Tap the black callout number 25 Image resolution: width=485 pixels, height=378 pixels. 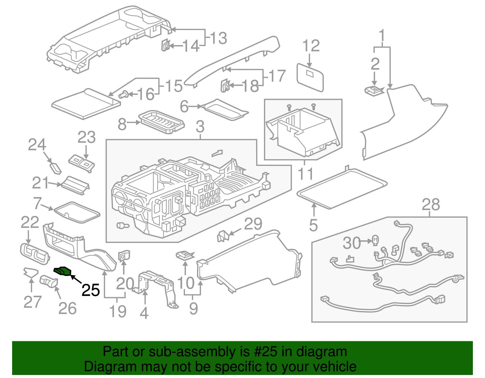[91, 291]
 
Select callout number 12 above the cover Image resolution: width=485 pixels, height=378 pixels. [311, 46]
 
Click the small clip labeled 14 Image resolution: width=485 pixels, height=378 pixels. [165, 45]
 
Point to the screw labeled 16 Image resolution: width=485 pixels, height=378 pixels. [123, 95]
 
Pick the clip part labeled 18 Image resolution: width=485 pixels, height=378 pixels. [225, 85]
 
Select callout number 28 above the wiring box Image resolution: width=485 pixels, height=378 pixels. [430, 205]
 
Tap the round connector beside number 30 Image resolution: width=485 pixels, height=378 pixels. [375, 240]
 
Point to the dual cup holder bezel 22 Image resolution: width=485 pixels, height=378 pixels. [34, 254]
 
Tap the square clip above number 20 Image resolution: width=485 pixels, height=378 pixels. [123, 256]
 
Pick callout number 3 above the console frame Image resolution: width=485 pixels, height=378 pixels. [200, 127]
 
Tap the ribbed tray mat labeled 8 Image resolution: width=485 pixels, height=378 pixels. [161, 122]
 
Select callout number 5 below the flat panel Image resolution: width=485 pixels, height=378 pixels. [313, 225]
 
